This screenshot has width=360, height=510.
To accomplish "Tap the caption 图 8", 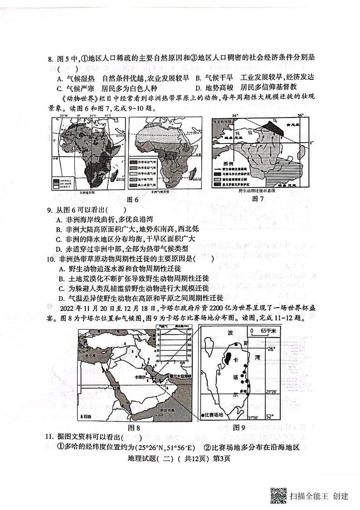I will pos(134,427).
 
